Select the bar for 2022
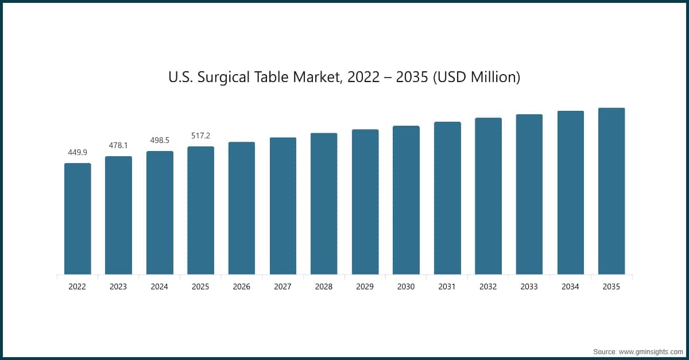pyautogui.click(x=78, y=219)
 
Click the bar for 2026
pyautogui.click(x=242, y=208)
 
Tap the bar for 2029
pyautogui.click(x=365, y=202)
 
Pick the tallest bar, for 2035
pyautogui.click(x=611, y=191)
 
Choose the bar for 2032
pyautogui.click(x=488, y=196)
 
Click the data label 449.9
pyautogui.click(x=78, y=152)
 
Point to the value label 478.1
pyautogui.click(x=118, y=145)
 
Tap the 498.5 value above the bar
pyautogui.click(x=160, y=140)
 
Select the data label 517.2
pyautogui.click(x=200, y=136)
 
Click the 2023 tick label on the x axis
pyautogui.click(x=118, y=287)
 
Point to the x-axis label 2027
pyautogui.click(x=283, y=287)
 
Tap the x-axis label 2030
pyautogui.click(x=406, y=287)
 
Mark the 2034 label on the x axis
pyautogui.click(x=571, y=287)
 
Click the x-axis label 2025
pyautogui.click(x=200, y=287)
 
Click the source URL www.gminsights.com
pyautogui.click(x=651, y=350)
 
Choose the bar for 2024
pyautogui.click(x=160, y=212)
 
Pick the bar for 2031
pyautogui.click(x=447, y=198)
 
